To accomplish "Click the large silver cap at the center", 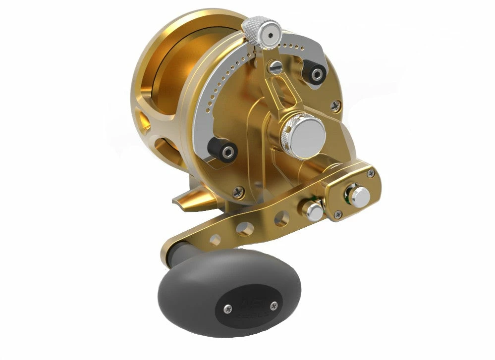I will (306, 133).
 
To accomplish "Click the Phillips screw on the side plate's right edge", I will (336, 105).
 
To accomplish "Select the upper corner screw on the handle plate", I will (370, 173).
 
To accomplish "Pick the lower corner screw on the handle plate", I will (338, 214).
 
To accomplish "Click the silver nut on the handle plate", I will (360, 197).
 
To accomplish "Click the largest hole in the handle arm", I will (281, 218).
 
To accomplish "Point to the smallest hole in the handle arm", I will (215, 240).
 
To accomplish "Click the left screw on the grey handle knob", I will (227, 309).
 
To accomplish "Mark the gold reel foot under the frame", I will (196, 199).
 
